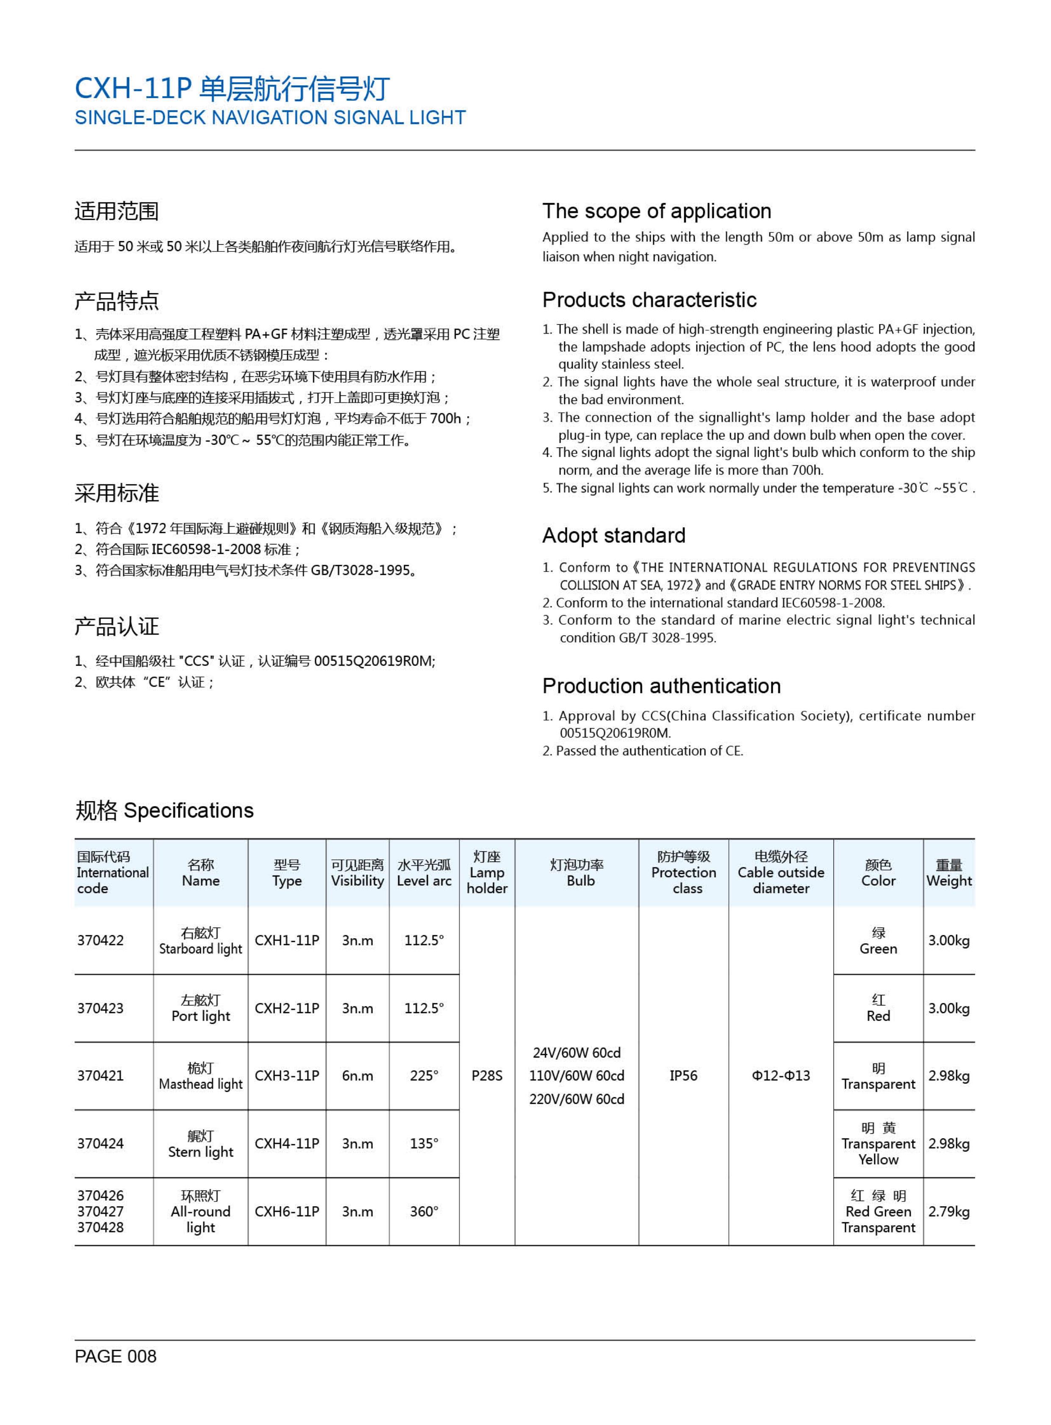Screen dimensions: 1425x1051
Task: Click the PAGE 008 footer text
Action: coord(115,1356)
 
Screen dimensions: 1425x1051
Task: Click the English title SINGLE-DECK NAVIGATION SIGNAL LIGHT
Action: coord(270,118)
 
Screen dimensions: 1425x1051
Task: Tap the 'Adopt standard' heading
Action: coord(613,536)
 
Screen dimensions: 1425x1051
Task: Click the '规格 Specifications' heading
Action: coord(164,811)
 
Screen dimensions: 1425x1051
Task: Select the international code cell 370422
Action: coord(100,940)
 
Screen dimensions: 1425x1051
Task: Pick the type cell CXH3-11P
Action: coord(286,1075)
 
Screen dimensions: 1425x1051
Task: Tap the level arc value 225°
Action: coord(424,1075)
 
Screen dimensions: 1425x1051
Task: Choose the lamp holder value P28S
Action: coord(487,1075)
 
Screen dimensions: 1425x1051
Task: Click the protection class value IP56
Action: coord(683,1075)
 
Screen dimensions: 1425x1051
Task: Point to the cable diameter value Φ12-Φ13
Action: coord(781,1075)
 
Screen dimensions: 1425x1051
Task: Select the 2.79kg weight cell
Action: coord(948,1211)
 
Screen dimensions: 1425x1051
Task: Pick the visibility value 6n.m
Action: coord(357,1075)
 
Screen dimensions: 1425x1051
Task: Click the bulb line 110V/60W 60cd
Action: coord(577,1075)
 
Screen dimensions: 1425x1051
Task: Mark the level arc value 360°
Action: coord(424,1211)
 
